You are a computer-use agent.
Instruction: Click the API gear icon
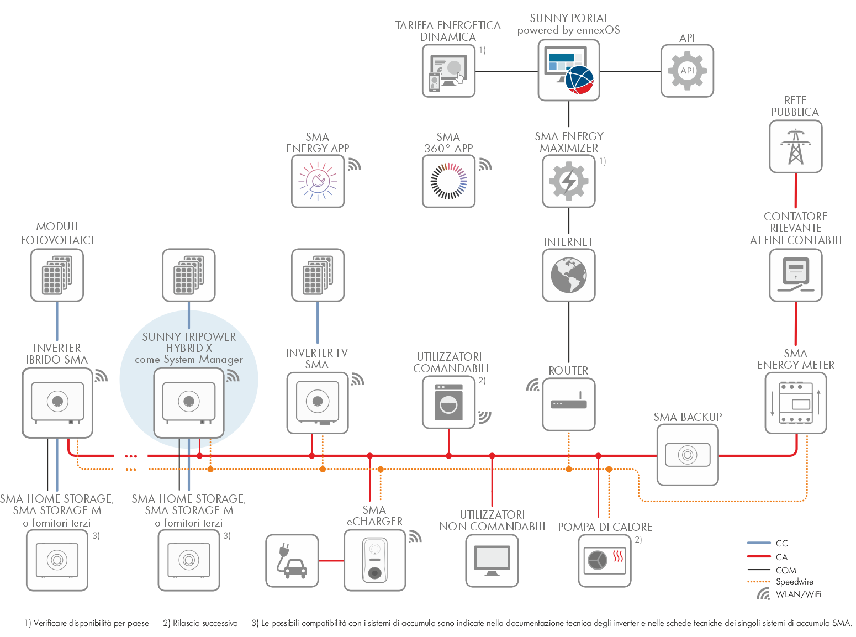686,71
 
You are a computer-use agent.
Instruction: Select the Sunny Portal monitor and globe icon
568,70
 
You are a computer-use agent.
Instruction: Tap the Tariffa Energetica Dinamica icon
448,71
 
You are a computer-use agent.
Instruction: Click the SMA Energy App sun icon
317,181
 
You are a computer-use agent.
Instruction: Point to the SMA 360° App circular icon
448,181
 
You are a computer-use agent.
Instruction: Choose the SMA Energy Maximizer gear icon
568,181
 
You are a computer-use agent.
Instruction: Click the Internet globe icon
568,275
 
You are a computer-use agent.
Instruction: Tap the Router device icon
568,404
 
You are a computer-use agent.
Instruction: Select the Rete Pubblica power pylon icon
795,146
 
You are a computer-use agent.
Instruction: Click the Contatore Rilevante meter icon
795,275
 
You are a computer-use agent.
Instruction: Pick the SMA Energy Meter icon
795,403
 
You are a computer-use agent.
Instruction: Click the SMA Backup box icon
688,455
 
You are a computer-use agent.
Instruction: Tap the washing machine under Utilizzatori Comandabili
448,402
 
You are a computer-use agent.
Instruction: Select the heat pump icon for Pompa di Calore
604,561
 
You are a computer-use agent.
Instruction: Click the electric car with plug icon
292,561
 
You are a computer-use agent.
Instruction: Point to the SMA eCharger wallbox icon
374,560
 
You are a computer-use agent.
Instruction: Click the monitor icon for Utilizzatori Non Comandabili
492,561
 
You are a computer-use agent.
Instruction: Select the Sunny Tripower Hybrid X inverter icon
188,403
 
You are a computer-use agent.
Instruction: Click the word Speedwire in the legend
794,581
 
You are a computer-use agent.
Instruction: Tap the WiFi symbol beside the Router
533,385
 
